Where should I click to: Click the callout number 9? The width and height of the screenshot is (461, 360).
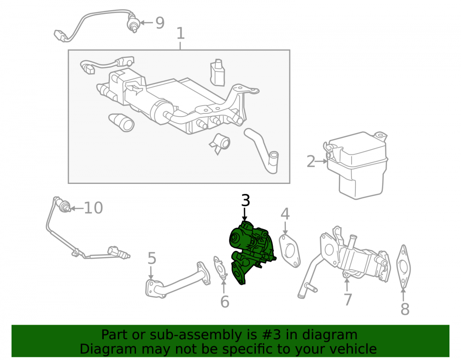pos(160,23)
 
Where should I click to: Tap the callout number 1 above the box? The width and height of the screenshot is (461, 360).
pos(181,33)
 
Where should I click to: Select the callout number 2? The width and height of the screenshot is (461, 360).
pos(311,162)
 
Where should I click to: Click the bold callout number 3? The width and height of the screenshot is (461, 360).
pos(246,200)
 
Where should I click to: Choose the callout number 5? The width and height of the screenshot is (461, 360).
pos(152,258)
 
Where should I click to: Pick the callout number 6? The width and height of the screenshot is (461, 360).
pos(225,301)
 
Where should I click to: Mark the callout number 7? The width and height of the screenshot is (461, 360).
pos(348,299)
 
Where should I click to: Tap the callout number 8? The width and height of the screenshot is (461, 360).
pos(405,309)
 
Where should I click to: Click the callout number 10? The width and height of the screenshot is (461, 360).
pos(94,208)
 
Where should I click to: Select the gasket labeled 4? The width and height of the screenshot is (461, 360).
pos(290,251)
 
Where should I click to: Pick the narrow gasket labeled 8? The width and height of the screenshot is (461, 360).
pos(403,266)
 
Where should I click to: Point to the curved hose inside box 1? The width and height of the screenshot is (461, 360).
pos(262,150)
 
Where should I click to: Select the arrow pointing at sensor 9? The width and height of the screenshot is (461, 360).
pos(146,23)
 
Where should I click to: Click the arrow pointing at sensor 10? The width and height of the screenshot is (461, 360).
pos(77,208)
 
